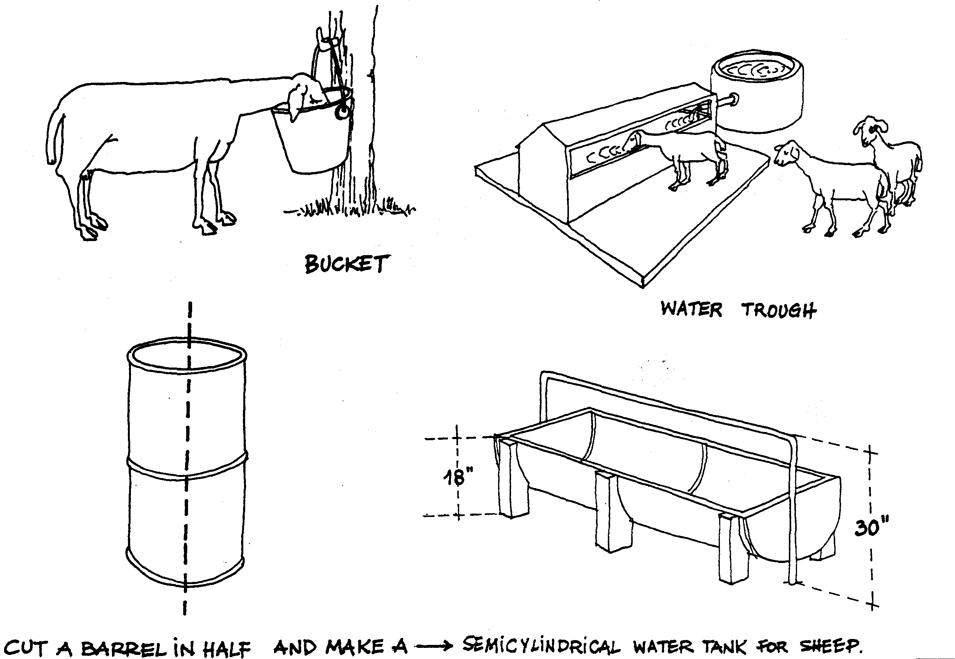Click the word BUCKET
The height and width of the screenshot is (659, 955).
pyautogui.click(x=346, y=264)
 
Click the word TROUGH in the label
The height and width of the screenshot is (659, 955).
pyautogui.click(x=779, y=310)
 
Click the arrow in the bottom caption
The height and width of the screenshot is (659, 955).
pyautogui.click(x=434, y=646)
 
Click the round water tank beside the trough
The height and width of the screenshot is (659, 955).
pyautogui.click(x=758, y=97)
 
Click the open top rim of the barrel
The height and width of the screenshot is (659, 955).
pyautogui.click(x=187, y=355)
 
